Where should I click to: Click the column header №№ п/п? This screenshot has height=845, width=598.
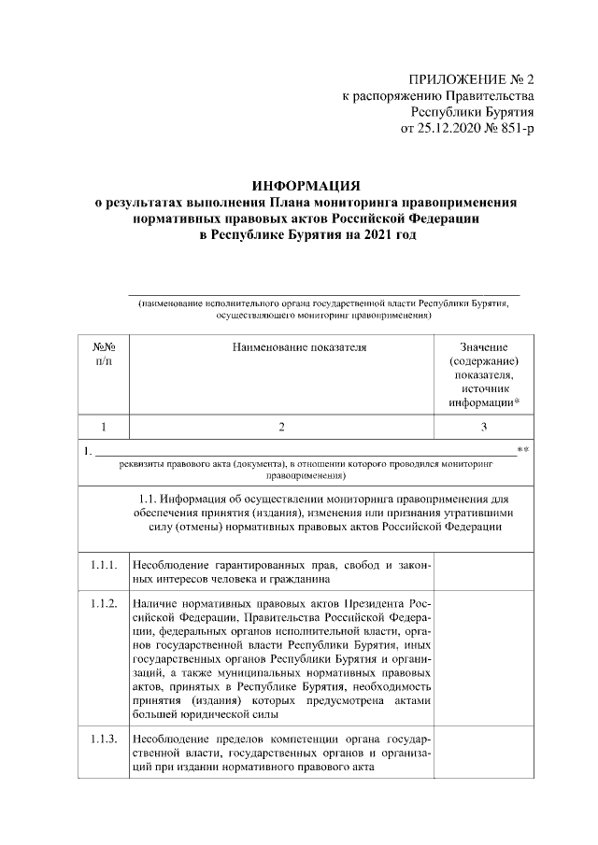click(104, 353)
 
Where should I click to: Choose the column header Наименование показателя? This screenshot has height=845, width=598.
click(281, 346)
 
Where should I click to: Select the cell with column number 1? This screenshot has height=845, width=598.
click(104, 427)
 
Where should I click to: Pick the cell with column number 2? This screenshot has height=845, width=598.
click(281, 427)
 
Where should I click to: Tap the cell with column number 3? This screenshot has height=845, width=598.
click(484, 427)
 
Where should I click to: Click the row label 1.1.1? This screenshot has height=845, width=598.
click(104, 565)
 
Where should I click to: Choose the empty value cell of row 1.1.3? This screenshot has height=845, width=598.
click(484, 753)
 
